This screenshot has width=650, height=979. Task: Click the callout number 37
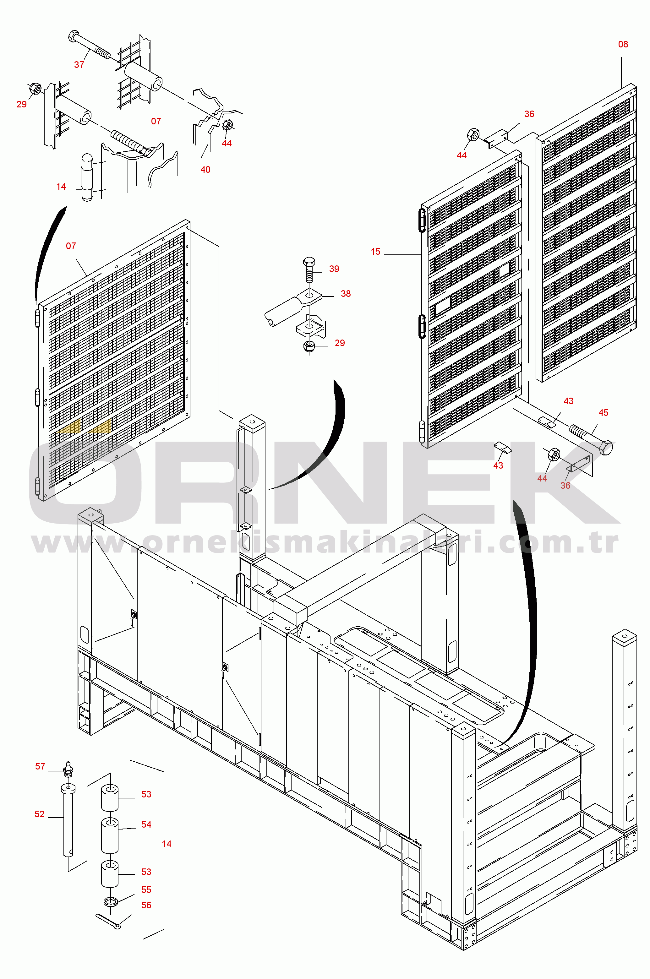tap(79, 65)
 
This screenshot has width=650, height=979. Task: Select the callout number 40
tap(205, 170)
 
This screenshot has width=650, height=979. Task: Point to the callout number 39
tap(334, 269)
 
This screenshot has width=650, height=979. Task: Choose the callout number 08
tap(623, 44)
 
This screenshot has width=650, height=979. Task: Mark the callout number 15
tap(375, 252)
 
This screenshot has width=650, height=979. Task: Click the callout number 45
tap(604, 412)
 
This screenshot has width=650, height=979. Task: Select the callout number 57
tap(40, 766)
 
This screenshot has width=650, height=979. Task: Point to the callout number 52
tap(39, 814)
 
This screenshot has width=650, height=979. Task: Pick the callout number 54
tap(146, 824)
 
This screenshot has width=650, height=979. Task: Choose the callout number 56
tap(146, 905)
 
